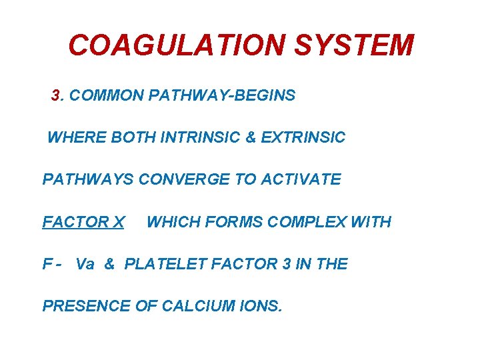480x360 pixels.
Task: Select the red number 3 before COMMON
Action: coord(56,95)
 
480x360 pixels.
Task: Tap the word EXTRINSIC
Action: coord(303,138)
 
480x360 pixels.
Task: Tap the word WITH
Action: coord(371,222)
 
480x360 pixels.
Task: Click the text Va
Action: coord(85,264)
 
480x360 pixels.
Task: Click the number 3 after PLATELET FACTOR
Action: coord(286,264)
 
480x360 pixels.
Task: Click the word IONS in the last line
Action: coord(263,307)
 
